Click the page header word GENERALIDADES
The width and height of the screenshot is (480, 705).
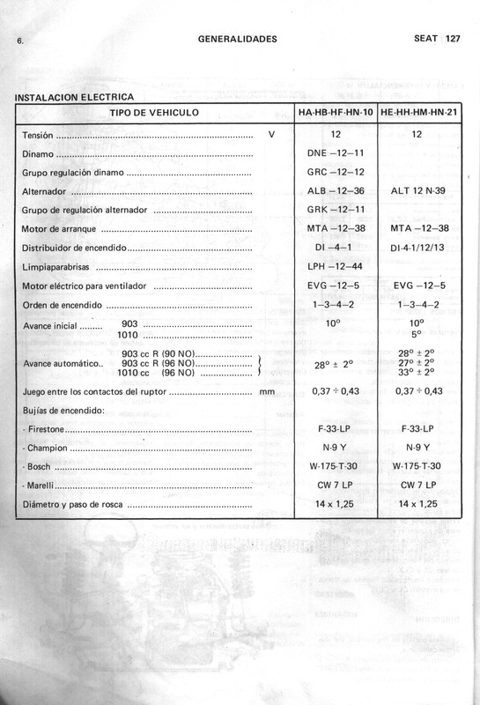[x=238, y=39]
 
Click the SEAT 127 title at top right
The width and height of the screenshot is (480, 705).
[x=437, y=39]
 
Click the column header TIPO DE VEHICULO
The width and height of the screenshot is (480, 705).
[x=154, y=113]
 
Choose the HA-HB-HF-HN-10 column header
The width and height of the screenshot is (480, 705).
[x=336, y=113]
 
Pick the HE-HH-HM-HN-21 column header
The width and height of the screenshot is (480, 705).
[x=418, y=113]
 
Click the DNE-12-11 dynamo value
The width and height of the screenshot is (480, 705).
[x=336, y=153]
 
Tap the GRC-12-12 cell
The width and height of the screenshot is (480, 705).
[x=336, y=172]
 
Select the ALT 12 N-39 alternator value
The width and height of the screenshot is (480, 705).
[x=418, y=191]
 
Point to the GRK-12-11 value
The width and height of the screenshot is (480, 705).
[x=336, y=211]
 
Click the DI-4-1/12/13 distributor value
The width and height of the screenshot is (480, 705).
[x=418, y=249]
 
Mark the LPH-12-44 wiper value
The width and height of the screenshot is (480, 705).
[x=336, y=267]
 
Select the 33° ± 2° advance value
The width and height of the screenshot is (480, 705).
[x=418, y=372]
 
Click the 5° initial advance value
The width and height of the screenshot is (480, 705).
[x=417, y=335]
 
